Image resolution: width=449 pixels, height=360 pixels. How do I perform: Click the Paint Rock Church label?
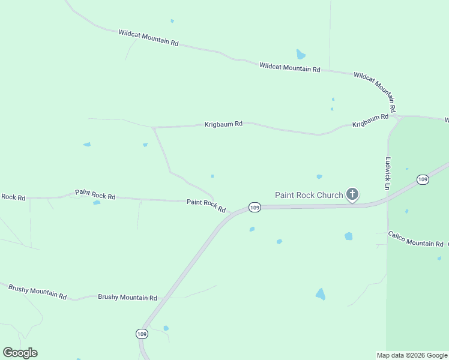point(309,195)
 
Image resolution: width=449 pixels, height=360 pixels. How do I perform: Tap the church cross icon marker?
point(352,194)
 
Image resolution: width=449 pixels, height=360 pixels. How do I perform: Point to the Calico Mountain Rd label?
point(415,239)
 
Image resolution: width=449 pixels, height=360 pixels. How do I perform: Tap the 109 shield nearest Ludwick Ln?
point(423,179)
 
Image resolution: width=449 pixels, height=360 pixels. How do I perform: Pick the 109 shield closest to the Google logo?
point(141,334)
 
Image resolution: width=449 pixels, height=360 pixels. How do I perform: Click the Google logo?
point(20,353)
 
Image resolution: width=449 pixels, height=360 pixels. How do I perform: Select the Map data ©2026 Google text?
point(412,355)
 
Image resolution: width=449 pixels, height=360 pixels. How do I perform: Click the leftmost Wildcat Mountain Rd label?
point(149,38)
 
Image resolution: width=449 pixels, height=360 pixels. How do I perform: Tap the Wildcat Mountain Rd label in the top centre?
point(290,67)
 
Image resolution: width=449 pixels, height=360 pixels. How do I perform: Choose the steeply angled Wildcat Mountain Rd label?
point(375,92)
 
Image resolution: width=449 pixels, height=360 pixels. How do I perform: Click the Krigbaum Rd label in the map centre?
point(223,124)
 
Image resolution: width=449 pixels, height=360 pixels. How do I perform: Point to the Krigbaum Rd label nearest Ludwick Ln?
point(370,120)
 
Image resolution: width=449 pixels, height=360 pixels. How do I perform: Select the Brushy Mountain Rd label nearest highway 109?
point(127,298)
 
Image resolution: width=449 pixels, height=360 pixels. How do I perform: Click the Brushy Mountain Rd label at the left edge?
point(37,292)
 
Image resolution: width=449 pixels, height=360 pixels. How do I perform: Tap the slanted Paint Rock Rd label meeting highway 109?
point(206,206)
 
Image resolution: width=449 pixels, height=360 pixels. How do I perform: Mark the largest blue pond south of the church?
point(321,294)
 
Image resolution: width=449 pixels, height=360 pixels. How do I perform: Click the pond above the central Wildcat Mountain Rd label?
point(301,55)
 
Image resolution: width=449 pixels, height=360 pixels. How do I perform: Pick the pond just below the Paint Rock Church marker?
point(349,236)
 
